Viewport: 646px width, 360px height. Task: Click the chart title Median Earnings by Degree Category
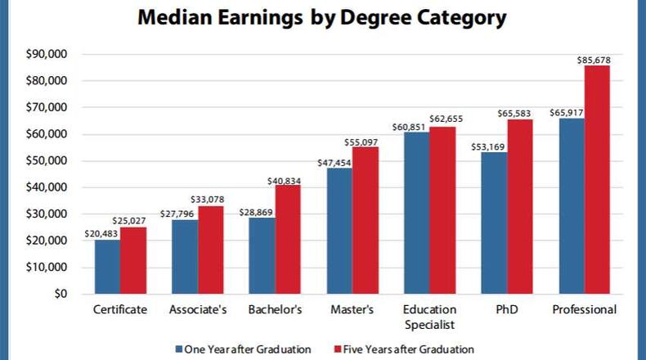[322, 18]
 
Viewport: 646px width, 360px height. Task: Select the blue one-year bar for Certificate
[107, 267]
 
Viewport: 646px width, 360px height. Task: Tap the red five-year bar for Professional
[597, 180]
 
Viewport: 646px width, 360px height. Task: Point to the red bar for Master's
[365, 220]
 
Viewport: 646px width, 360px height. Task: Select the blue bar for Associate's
[185, 257]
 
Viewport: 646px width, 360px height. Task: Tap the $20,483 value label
[101, 233]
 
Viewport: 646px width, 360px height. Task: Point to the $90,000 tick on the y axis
[47, 55]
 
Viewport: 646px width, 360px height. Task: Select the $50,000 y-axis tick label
[47, 161]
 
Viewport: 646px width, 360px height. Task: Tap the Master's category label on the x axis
[352, 310]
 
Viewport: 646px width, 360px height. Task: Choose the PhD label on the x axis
[506, 310]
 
